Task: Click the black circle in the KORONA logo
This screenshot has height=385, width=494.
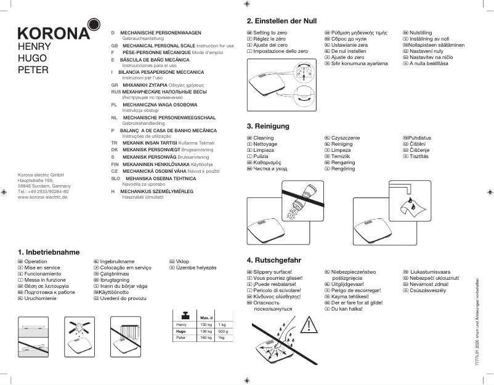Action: tap(93, 25)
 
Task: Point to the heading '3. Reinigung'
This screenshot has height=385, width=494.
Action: tap(268, 126)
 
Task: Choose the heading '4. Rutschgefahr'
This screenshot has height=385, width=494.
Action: tap(275, 260)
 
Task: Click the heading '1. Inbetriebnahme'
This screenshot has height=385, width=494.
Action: tap(49, 252)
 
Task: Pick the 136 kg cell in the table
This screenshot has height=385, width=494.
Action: tap(206, 331)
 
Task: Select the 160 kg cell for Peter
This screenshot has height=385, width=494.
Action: tap(206, 338)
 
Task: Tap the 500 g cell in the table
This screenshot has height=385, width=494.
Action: tap(223, 331)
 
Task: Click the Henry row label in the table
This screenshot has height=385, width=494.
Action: tap(181, 324)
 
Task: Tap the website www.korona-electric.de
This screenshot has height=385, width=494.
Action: tap(43, 197)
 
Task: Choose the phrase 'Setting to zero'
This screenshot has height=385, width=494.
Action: tap(270, 32)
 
